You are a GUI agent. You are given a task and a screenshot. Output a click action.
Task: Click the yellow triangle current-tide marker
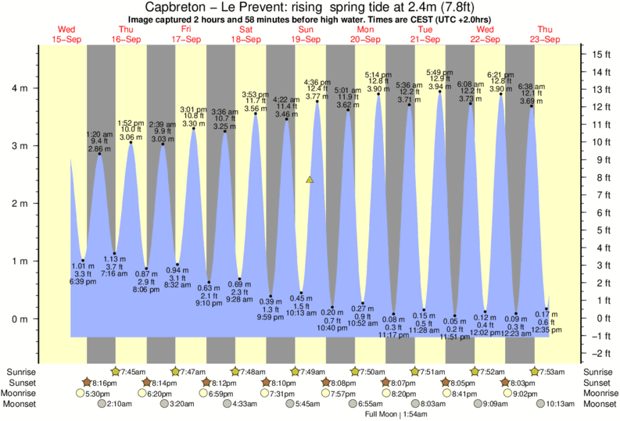[x=310, y=180]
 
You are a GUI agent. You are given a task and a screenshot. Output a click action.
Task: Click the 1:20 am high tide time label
[x=99, y=134]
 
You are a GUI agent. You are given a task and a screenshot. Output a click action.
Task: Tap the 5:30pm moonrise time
[x=97, y=394]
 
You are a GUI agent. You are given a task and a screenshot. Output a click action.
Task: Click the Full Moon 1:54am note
[x=395, y=415]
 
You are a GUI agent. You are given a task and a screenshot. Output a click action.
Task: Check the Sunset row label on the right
[x=598, y=383]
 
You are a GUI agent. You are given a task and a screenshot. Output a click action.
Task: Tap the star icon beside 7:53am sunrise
[x=536, y=372]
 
